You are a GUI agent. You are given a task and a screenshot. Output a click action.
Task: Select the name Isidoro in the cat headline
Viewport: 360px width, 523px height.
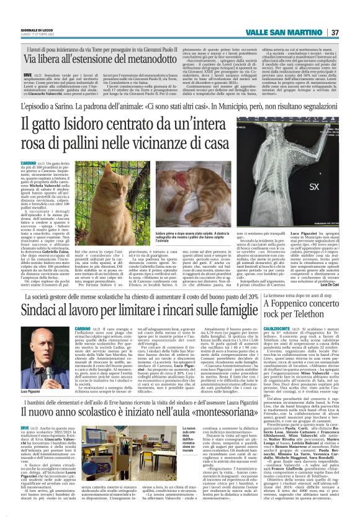point(86,129)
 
